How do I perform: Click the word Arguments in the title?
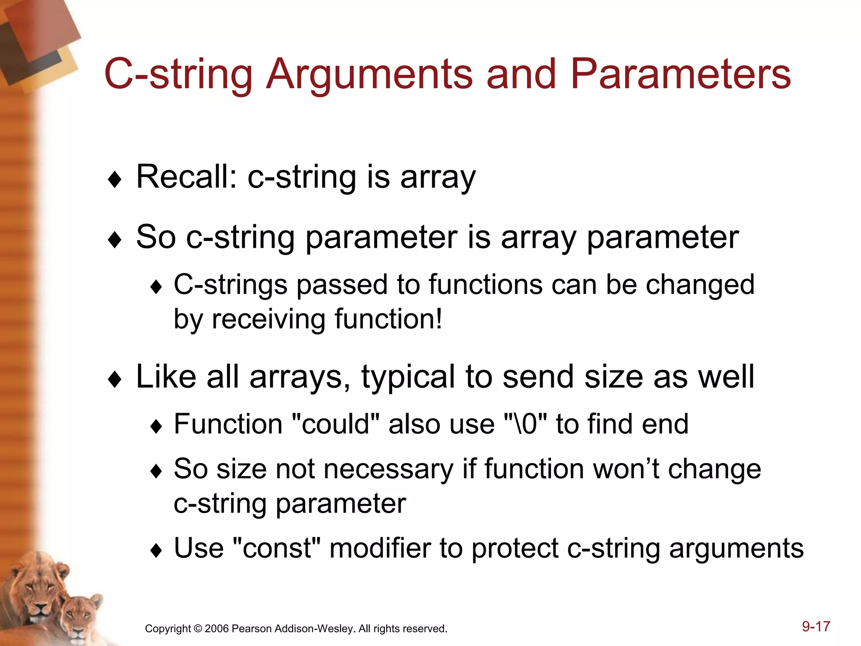point(370,74)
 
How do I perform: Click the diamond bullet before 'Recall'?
point(114,180)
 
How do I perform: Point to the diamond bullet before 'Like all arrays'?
point(114,379)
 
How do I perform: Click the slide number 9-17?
point(816,626)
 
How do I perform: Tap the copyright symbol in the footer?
point(198,629)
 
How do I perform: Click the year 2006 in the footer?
point(217,629)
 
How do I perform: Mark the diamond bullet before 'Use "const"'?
point(156,551)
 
